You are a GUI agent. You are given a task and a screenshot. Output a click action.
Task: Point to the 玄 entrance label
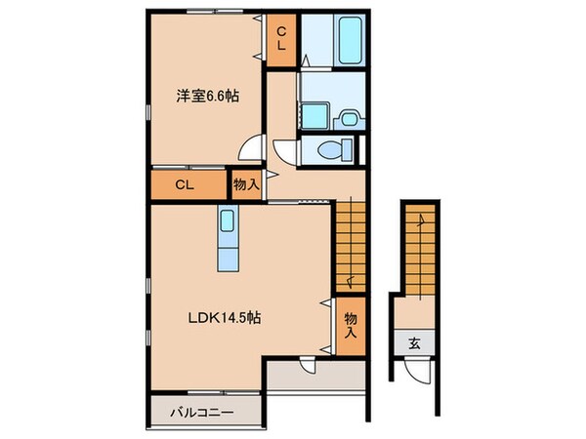coord(414,342)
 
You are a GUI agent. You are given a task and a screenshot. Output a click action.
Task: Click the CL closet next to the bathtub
coord(280,39)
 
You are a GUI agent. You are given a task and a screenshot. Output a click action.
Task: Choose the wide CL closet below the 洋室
coord(188,185)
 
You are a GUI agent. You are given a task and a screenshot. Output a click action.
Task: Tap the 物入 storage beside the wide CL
coord(244,183)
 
